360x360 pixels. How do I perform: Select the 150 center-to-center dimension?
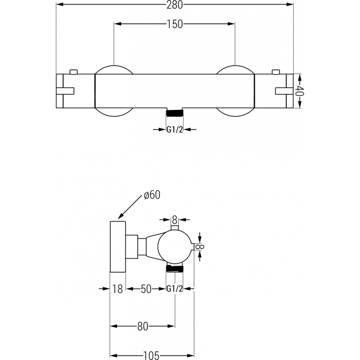pos(175,24)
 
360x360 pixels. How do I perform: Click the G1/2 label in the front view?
pos(175,130)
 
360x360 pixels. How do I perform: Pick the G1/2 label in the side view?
pos(175,289)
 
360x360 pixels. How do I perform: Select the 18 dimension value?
pos(117,289)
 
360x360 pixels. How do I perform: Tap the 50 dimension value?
pos(146,289)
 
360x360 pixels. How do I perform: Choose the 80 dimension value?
pos(143,327)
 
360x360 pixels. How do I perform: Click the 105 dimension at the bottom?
pos(151,355)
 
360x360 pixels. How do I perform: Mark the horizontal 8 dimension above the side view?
pos(175,220)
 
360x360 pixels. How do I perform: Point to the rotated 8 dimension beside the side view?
pos(202,246)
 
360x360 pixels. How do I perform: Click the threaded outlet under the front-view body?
pos(175,113)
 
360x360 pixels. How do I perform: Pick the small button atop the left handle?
pos(74,71)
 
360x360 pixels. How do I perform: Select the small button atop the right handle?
pos(275,71)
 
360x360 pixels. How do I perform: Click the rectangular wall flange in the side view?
pos(118,246)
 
